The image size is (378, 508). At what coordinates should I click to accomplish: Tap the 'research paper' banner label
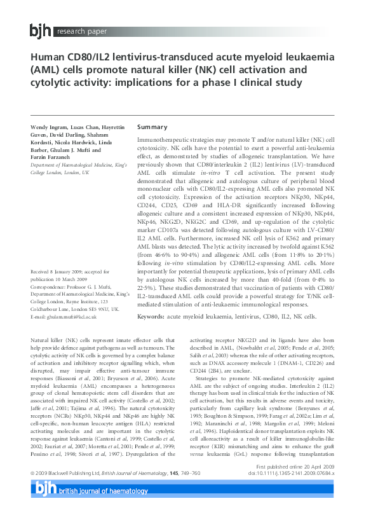point(81,31)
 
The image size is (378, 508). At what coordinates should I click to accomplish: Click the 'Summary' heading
point(152,127)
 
